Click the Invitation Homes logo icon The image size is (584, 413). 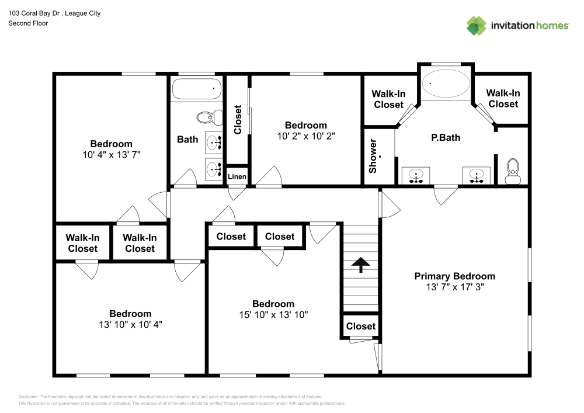[x=476, y=25]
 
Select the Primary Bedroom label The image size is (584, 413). [x=454, y=276]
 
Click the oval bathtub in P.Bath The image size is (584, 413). [x=446, y=84]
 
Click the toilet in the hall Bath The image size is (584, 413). [x=208, y=117]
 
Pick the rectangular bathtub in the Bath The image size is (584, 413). [x=197, y=89]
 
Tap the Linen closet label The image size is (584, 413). [x=237, y=176]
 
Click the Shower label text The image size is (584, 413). [x=373, y=156]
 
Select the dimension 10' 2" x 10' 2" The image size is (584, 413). [x=305, y=136]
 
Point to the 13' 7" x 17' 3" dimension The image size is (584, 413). [x=454, y=287]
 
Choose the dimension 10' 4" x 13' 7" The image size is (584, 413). [x=111, y=155]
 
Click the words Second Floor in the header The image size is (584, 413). [x=28, y=23]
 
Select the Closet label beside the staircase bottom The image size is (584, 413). [x=360, y=326]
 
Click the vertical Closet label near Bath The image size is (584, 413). [x=238, y=120]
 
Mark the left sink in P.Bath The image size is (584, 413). [x=416, y=175]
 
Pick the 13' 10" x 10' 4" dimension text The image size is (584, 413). [x=130, y=324]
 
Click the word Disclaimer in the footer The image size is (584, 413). [x=29, y=397]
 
